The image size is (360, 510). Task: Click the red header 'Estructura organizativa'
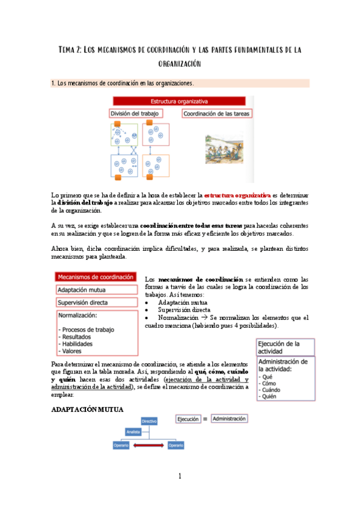pos(181,101)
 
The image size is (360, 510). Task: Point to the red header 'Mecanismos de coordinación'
pos(96,277)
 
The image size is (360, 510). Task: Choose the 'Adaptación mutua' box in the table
pos(96,290)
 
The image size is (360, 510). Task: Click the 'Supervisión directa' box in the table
pos(96,303)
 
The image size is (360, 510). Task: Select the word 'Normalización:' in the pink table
pos(79,315)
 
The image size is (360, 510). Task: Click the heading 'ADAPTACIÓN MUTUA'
pos(87,410)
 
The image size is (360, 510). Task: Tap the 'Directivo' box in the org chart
pos(150,422)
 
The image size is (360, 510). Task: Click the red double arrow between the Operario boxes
pos(147,446)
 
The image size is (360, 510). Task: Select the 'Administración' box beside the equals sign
pos(230,419)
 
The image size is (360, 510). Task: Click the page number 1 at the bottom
pos(180,476)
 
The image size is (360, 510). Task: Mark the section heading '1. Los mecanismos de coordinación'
pos(123,83)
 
